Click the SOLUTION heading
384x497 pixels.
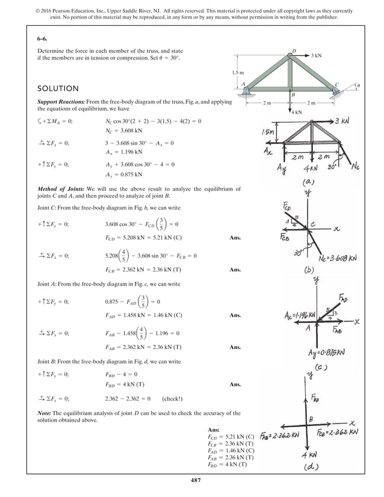click(58, 88)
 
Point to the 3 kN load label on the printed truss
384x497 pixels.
click(316, 55)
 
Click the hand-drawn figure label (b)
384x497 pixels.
click(312, 270)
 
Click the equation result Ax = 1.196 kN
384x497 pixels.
click(124, 153)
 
